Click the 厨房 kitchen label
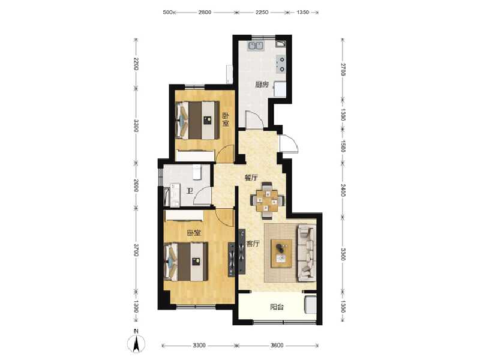click(x=261, y=85)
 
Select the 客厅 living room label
click(x=253, y=244)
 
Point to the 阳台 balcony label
click(x=277, y=307)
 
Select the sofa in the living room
click(x=307, y=252)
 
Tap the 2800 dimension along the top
click(x=205, y=12)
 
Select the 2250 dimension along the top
click(x=262, y=12)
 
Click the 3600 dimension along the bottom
click(x=277, y=346)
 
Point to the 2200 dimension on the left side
click(x=136, y=64)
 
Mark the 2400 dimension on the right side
click(x=343, y=190)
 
